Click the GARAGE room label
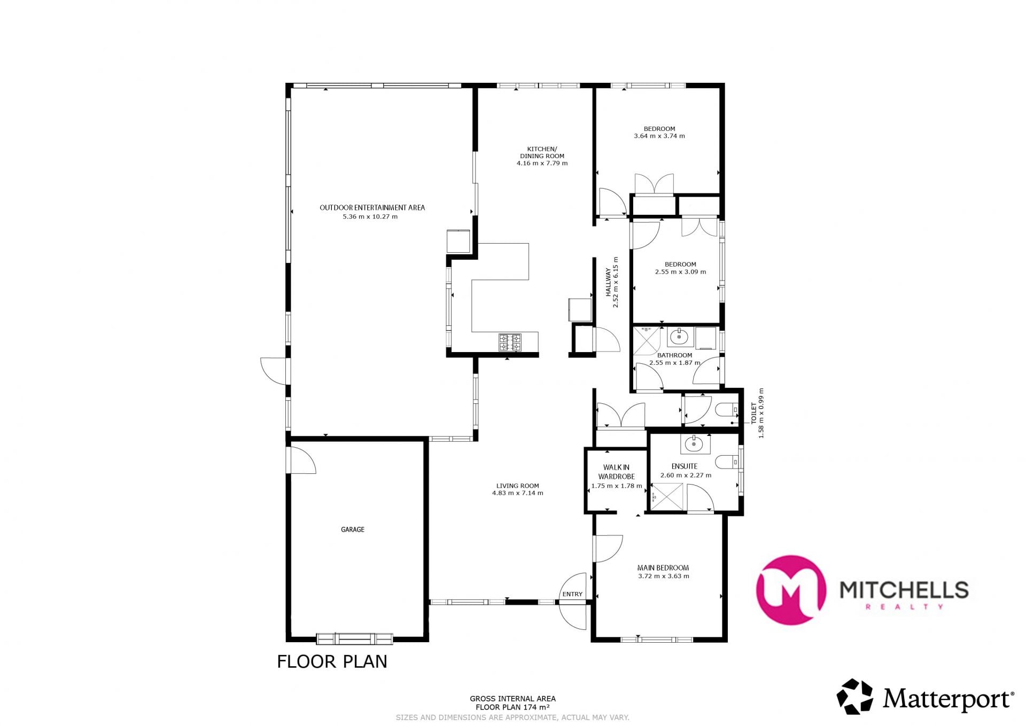(x=353, y=529)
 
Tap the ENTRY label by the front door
(x=572, y=594)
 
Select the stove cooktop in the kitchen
(x=510, y=342)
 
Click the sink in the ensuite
(x=695, y=443)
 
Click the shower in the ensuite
(x=666, y=496)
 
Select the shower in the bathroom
(x=648, y=341)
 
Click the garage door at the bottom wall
(x=354, y=638)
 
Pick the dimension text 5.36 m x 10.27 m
(x=370, y=217)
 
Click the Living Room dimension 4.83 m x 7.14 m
(x=517, y=493)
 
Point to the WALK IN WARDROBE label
(x=617, y=472)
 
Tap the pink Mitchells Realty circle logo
(x=791, y=590)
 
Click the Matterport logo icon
(x=854, y=697)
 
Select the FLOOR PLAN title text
(x=332, y=661)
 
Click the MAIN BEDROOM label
(x=663, y=568)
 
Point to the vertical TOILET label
(x=754, y=414)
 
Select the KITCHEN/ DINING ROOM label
(x=542, y=152)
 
